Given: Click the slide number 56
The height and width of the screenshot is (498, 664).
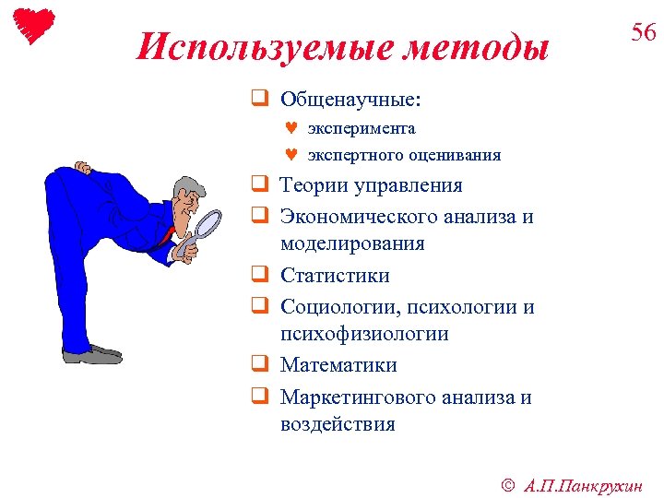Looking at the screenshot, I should click(x=643, y=33).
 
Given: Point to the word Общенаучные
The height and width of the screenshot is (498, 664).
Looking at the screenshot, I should click(x=350, y=98).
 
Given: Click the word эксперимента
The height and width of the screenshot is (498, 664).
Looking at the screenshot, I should click(x=361, y=128).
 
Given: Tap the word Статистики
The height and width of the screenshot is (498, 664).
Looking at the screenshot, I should click(x=335, y=276).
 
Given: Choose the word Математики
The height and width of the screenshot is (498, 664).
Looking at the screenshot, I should click(x=338, y=365).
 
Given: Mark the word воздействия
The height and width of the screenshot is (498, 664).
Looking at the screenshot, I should click(x=338, y=425).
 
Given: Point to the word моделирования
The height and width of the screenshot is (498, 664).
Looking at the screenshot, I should click(x=352, y=244).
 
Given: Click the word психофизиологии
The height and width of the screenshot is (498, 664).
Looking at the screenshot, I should click(x=364, y=334).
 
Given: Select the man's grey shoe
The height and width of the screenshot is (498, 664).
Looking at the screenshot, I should click(x=92, y=353).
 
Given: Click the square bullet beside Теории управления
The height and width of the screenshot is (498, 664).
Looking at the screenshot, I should click(x=260, y=186).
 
